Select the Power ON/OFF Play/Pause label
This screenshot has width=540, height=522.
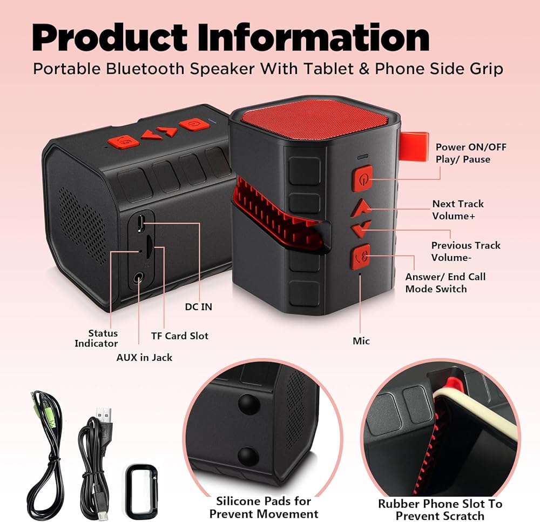(x=471, y=153)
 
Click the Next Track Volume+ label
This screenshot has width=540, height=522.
(x=458, y=210)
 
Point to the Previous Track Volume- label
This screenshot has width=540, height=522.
(x=465, y=251)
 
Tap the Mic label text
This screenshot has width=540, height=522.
(x=361, y=341)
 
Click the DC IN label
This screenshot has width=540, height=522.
(x=198, y=306)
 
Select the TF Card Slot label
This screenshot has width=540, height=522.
(x=179, y=336)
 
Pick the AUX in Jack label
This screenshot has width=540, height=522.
(x=144, y=357)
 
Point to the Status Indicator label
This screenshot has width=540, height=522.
(x=96, y=338)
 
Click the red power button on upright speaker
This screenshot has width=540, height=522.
(x=362, y=178)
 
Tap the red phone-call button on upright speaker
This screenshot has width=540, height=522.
(x=360, y=257)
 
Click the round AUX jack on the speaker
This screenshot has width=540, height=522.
(x=139, y=278)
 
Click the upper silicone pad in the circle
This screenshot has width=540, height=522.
(x=248, y=403)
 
